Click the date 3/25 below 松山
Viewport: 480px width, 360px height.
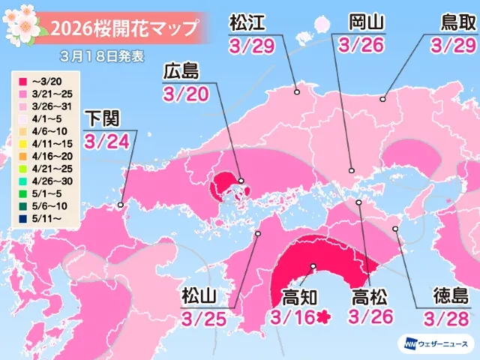pyautogui.click(x=202, y=319)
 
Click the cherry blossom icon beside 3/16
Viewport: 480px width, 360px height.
pyautogui.click(x=325, y=318)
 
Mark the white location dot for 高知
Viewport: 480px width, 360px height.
pyautogui.click(x=313, y=267)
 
